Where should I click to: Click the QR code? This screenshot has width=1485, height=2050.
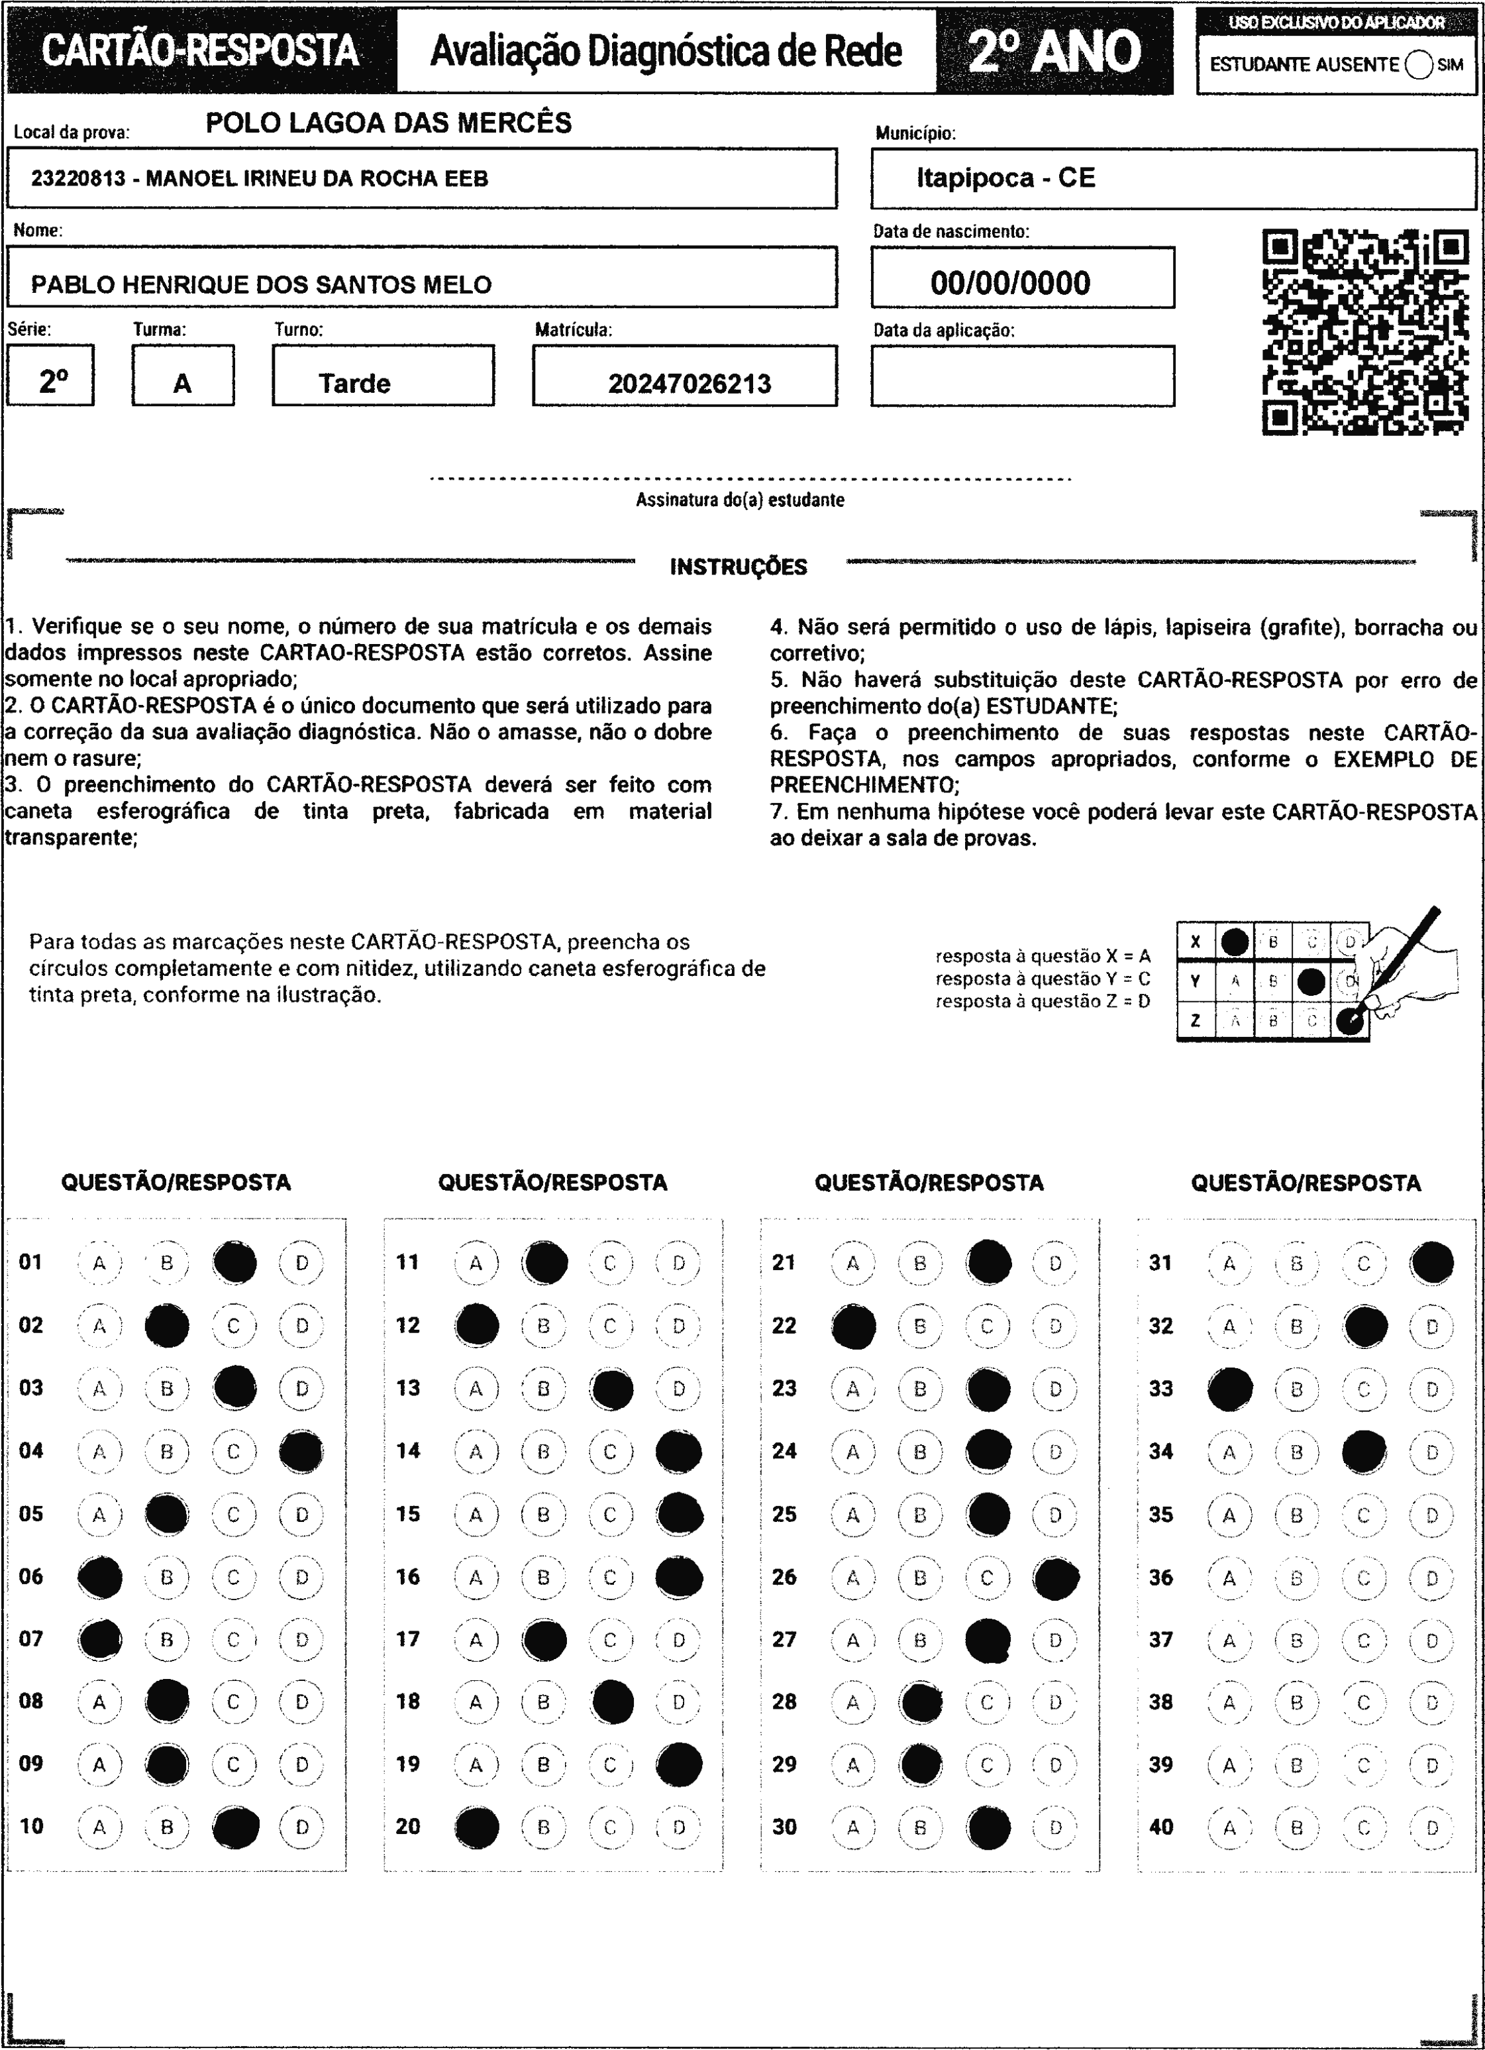tap(1365, 333)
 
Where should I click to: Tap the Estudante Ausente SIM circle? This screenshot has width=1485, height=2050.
tap(1419, 64)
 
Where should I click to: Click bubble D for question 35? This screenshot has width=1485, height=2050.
tap(1431, 1515)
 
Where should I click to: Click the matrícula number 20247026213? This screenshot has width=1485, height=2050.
tap(689, 384)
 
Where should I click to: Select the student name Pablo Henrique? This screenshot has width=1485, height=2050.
tap(260, 285)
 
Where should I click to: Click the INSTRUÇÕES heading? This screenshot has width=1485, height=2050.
tap(739, 568)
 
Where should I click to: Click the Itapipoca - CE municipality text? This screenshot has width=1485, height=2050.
tap(1005, 178)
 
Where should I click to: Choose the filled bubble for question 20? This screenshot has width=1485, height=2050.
tap(476, 1827)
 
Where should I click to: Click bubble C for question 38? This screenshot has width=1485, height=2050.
tap(1364, 1703)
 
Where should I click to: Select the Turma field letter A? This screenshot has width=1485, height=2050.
tap(183, 384)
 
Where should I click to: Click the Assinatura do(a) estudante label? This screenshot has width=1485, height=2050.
tap(739, 500)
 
